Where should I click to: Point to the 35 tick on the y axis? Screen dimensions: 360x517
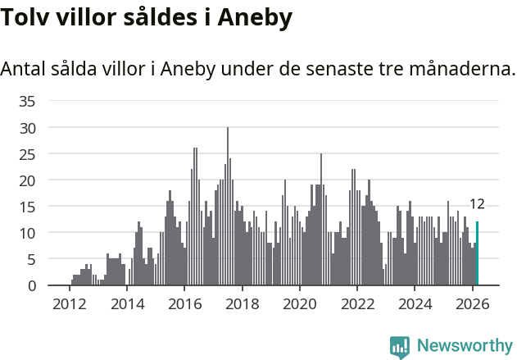(x=27, y=102)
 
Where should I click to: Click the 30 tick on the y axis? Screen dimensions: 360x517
(x=27, y=128)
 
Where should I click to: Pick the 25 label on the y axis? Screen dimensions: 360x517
(x=27, y=154)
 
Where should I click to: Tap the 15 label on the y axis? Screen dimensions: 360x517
(x=27, y=207)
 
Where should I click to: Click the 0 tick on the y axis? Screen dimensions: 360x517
(x=31, y=285)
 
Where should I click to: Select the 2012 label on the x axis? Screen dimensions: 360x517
(x=70, y=304)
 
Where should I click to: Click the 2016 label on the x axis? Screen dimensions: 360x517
(x=184, y=304)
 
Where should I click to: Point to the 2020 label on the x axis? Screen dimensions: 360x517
(x=300, y=304)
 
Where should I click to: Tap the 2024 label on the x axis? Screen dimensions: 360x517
(x=415, y=304)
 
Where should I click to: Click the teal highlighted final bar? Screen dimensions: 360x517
(x=477, y=254)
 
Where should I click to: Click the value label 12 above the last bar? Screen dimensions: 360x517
(x=477, y=204)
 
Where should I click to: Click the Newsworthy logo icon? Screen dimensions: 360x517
(x=400, y=347)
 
